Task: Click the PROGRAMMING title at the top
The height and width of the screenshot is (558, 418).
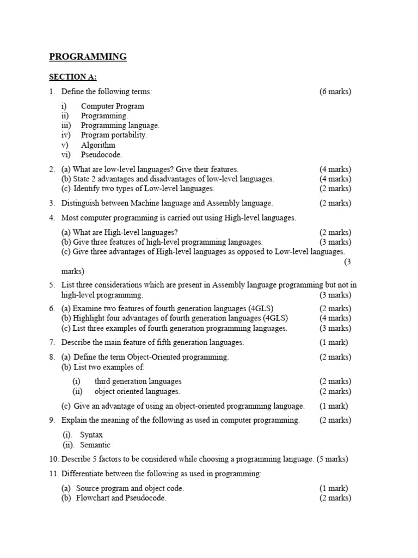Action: pyautogui.click(x=88, y=57)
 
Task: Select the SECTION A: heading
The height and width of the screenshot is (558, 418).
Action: pyautogui.click(x=72, y=77)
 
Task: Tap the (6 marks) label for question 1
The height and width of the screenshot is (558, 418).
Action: pyautogui.click(x=335, y=92)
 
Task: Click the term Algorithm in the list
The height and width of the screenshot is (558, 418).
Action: pyautogui.click(x=98, y=145)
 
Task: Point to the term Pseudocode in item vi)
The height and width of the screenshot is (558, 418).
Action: pyautogui.click(x=101, y=155)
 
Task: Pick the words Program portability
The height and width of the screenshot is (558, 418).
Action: pyautogui.click(x=114, y=135)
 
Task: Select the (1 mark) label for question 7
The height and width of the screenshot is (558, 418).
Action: pyautogui.click(x=333, y=343)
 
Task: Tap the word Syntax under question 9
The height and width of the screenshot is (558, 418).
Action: pyautogui.click(x=91, y=435)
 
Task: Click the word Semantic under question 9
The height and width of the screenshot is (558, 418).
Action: pyautogui.click(x=95, y=445)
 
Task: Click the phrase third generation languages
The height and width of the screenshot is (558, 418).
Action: pyautogui.click(x=138, y=381)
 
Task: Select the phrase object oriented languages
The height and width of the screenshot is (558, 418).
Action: pyautogui.click(x=137, y=391)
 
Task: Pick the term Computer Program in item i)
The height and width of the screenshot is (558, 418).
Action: pyautogui.click(x=113, y=106)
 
